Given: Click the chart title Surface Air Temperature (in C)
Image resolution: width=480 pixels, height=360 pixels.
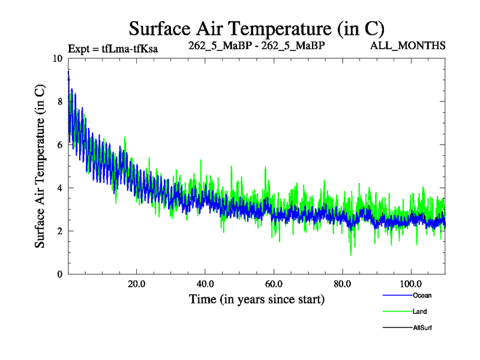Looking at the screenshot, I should point(256,29).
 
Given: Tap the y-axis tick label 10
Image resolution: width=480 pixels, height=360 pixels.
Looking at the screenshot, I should point(58,59).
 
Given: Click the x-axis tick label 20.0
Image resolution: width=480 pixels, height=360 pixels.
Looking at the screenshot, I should point(137,284).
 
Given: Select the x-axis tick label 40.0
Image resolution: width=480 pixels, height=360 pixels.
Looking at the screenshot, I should point(205,284).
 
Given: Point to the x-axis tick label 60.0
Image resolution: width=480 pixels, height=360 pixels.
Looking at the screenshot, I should point(274,284).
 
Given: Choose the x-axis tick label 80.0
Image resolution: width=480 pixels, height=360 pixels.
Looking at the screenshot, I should point(342,284).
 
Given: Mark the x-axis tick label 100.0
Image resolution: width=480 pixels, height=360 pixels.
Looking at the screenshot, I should point(410,284).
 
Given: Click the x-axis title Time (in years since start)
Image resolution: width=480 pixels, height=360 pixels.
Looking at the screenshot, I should point(257,299).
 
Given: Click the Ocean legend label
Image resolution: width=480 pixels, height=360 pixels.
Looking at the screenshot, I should point(421,295).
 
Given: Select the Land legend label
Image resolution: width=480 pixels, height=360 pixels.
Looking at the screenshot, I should point(419,311).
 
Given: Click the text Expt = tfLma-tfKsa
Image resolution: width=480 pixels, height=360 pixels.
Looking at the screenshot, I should point(113,49).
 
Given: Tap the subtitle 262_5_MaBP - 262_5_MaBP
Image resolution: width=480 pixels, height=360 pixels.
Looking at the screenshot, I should point(257,45).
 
